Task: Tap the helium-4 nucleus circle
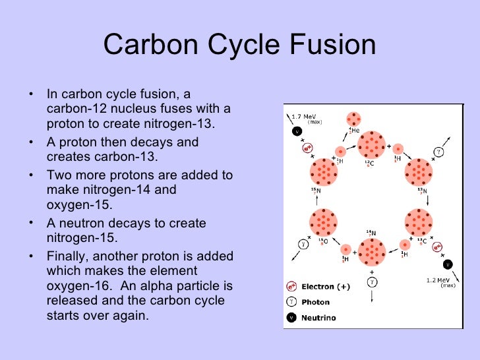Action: [354, 119]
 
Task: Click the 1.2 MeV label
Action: [438, 279]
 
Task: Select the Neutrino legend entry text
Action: [318, 318]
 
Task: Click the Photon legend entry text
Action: [315, 302]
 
